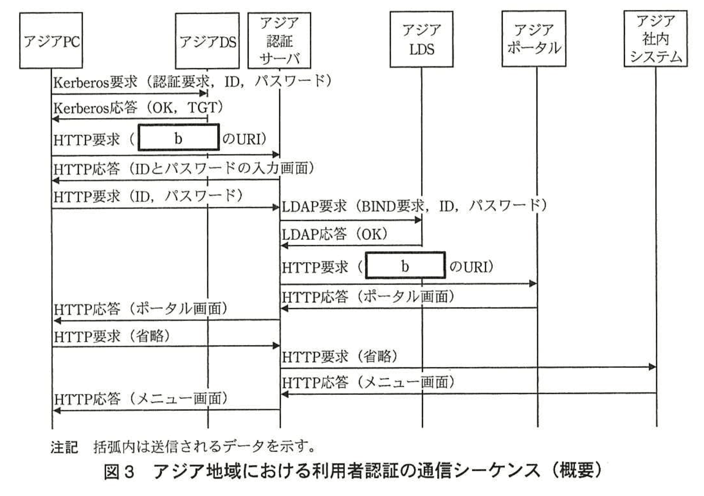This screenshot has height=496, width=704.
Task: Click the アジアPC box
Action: (51, 41)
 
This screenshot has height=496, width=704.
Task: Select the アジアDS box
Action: (207, 41)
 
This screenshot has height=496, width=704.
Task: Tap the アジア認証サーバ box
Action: (279, 41)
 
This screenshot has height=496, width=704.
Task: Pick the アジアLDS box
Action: (421, 40)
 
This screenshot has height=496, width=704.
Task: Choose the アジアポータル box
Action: (534, 40)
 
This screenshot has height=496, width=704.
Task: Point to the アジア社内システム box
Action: (655, 40)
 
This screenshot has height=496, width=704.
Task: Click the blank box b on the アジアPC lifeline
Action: (179, 137)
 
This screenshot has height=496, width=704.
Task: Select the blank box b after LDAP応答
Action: (405, 265)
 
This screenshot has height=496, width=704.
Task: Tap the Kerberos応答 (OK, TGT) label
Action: (138, 108)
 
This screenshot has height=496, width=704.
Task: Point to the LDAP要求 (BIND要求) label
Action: (414, 206)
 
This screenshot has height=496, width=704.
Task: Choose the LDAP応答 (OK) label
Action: (335, 234)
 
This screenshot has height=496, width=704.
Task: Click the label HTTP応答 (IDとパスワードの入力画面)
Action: (184, 168)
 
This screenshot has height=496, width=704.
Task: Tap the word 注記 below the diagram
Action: (64, 447)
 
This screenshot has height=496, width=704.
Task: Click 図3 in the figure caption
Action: (119, 471)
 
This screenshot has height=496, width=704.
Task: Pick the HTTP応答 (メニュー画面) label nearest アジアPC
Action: (141, 399)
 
